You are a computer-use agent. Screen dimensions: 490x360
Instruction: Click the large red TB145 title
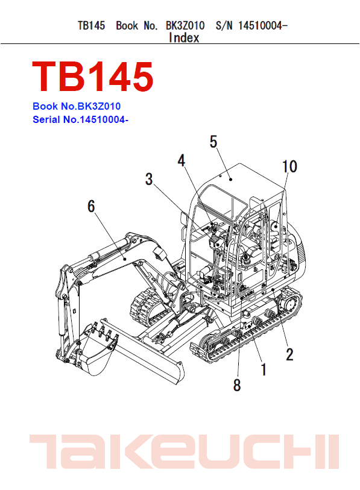pyautogui.click(x=93, y=76)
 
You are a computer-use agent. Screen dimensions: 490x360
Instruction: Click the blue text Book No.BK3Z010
pyautogui.click(x=80, y=106)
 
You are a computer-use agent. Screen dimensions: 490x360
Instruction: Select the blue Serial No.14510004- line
pyautogui.click(x=81, y=119)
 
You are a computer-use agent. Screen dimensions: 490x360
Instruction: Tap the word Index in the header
pyautogui.click(x=184, y=38)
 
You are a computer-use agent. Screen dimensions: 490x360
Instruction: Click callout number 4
pyautogui.click(x=182, y=161)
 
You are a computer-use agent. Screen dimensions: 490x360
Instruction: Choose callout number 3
pyautogui.click(x=149, y=179)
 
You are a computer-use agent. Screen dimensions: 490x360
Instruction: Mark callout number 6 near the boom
pyautogui.click(x=91, y=206)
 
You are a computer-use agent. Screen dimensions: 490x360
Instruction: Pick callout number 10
pyautogui.click(x=289, y=166)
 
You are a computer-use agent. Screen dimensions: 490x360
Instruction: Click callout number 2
pyautogui.click(x=289, y=354)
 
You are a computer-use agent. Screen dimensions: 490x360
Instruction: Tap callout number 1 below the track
pyautogui.click(x=263, y=368)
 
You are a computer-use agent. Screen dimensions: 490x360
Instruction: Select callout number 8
pyautogui.click(x=237, y=385)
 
